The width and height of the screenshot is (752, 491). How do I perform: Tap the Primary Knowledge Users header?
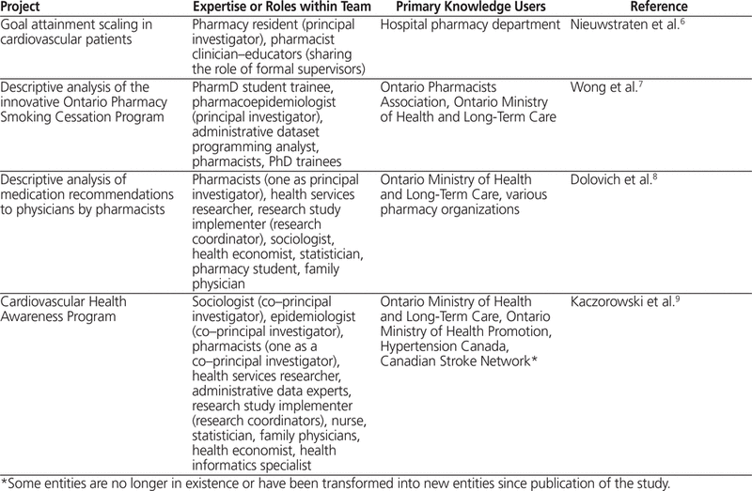(x=462, y=8)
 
